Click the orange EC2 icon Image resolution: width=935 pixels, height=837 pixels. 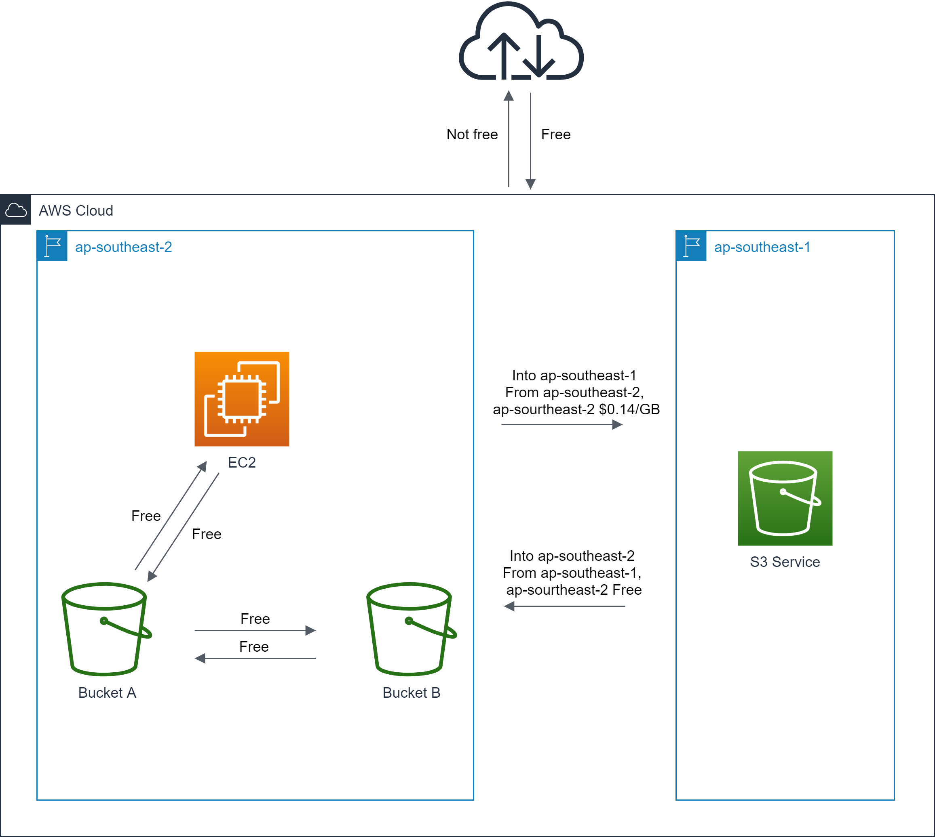click(x=242, y=399)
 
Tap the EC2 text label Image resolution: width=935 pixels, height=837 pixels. click(x=242, y=462)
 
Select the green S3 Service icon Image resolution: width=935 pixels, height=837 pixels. click(x=785, y=498)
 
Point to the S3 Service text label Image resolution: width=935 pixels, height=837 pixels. click(x=785, y=562)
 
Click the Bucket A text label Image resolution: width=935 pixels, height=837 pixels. click(x=107, y=692)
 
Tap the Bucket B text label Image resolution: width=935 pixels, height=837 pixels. click(x=411, y=692)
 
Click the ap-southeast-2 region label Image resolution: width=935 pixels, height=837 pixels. click(x=123, y=247)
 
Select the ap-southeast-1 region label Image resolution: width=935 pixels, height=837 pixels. click(x=762, y=247)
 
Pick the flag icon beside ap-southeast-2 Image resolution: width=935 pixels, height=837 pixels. click(x=53, y=246)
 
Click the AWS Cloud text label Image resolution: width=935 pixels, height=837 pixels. click(x=76, y=211)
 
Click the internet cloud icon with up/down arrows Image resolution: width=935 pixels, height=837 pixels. click(x=521, y=44)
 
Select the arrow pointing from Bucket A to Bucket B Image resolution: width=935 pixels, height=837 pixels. click(x=255, y=630)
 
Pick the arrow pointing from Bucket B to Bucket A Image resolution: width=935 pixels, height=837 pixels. click(x=255, y=659)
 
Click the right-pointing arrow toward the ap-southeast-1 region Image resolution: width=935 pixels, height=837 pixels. click(x=561, y=424)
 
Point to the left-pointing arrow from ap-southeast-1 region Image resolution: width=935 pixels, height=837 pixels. click(x=564, y=606)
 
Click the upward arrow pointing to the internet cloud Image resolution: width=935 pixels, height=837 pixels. click(x=509, y=138)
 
